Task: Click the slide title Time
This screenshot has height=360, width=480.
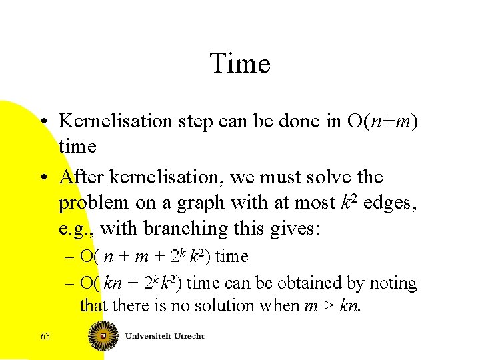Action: pos(240,64)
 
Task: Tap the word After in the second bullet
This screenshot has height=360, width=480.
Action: pos(82,177)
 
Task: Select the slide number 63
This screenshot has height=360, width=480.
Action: pos(45,337)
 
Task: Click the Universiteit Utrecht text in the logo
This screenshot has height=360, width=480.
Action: pos(165,336)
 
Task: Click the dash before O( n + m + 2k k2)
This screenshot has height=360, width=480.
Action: pos(70,257)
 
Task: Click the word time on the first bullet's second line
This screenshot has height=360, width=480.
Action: pos(77,146)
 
